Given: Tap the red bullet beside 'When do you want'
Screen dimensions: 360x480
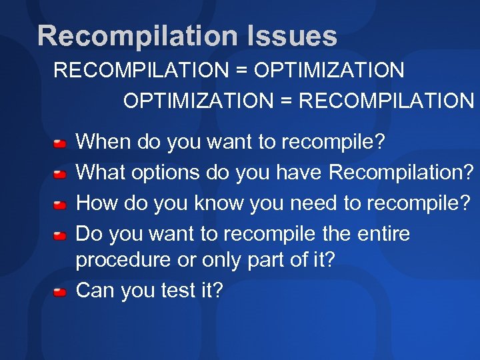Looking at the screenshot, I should (59, 143).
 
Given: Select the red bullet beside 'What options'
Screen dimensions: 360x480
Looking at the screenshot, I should (59, 175).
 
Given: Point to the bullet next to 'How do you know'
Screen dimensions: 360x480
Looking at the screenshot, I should (59, 205).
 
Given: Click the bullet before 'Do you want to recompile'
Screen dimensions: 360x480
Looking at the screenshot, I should (59, 236).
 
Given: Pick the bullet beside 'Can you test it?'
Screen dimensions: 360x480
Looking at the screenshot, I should (59, 292).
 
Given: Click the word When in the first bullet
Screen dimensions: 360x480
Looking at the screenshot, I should (103, 142).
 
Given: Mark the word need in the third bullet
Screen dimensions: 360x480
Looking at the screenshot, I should (313, 203).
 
